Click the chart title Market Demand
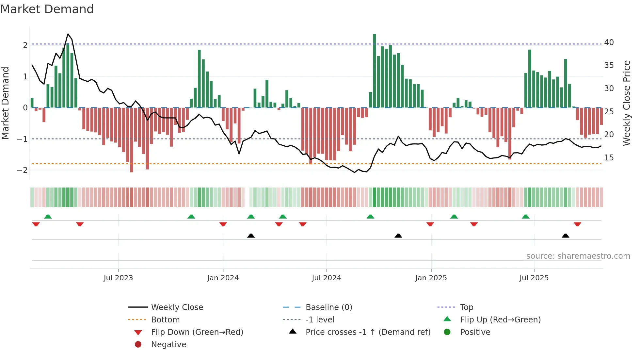[x=47, y=9]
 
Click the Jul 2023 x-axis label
[x=118, y=278]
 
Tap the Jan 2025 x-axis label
[x=431, y=278]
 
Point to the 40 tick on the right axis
[x=609, y=42]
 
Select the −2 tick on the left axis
[x=22, y=170]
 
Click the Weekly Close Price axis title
[x=626, y=103]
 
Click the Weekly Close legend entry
[x=177, y=307]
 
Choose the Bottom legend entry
[x=165, y=320]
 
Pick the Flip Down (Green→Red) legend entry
[x=197, y=332]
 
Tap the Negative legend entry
[x=168, y=345]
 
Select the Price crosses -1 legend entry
[x=368, y=332]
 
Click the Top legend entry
[x=467, y=307]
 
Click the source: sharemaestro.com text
[x=578, y=256]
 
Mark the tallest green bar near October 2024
[x=375, y=71]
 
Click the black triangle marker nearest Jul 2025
[x=566, y=236]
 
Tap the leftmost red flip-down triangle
[x=36, y=224]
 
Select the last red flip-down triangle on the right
[x=577, y=224]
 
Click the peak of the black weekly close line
[x=68, y=34]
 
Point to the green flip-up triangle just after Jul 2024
[x=370, y=217]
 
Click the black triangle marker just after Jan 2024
[x=251, y=236]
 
